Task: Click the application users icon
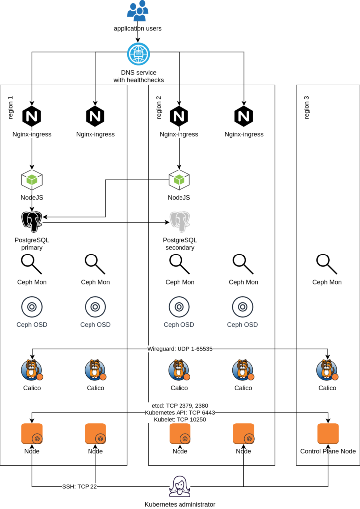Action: (137, 11)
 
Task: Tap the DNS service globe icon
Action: (137, 54)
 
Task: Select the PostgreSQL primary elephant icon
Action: (32, 222)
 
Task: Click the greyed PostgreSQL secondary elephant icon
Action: (180, 222)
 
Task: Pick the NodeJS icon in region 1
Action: (32, 180)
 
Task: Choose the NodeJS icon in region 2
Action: (179, 180)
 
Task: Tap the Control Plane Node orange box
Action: (328, 434)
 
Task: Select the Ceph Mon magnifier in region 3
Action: (327, 264)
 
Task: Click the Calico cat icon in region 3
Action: (327, 371)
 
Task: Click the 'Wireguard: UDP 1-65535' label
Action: (180, 349)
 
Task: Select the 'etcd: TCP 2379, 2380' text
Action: (180, 406)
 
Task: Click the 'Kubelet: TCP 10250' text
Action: (180, 419)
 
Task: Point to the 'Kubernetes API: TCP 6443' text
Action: (180, 413)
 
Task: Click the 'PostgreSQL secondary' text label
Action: (180, 244)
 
